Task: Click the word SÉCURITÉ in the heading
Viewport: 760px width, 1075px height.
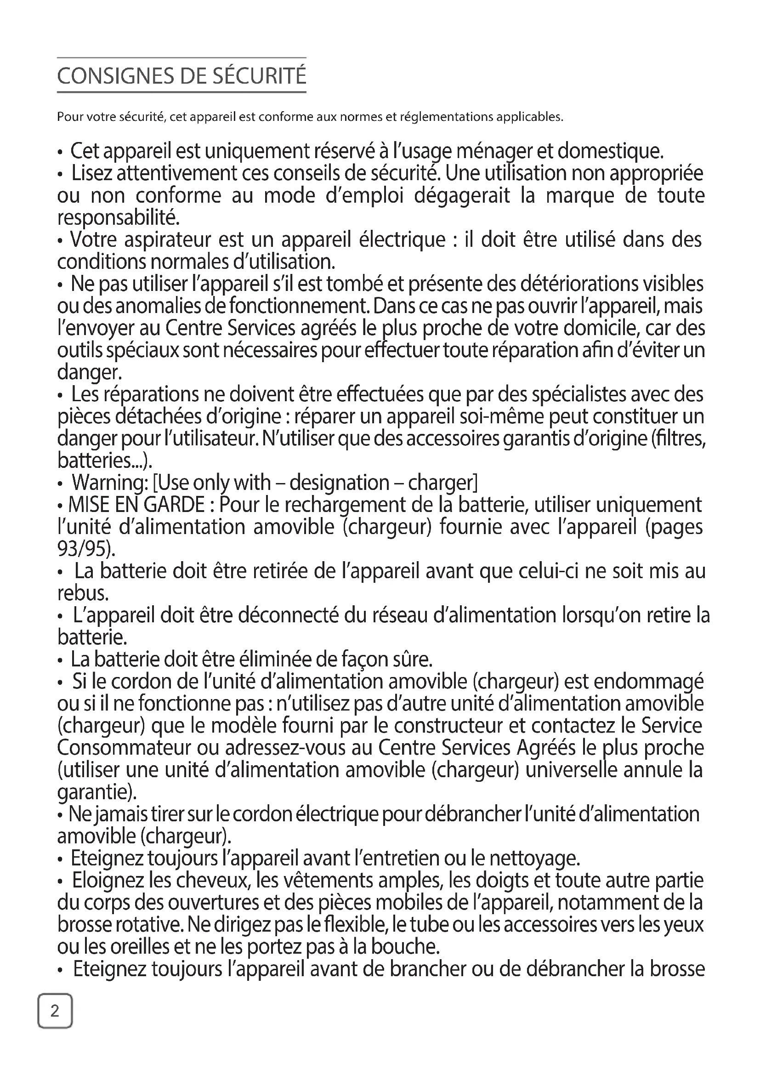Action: tap(259, 76)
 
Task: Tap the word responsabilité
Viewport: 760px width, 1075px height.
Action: tap(118, 218)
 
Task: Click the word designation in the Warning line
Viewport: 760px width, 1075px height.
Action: tap(339, 483)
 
